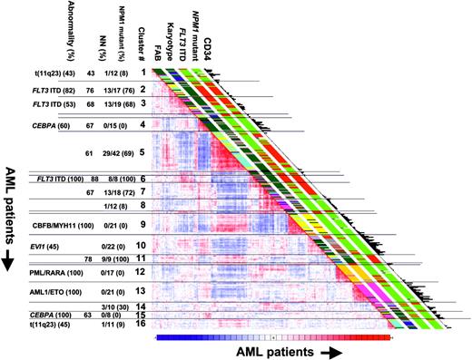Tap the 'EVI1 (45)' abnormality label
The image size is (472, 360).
56,245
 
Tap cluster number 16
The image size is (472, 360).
141,323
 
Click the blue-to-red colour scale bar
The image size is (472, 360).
272,336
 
